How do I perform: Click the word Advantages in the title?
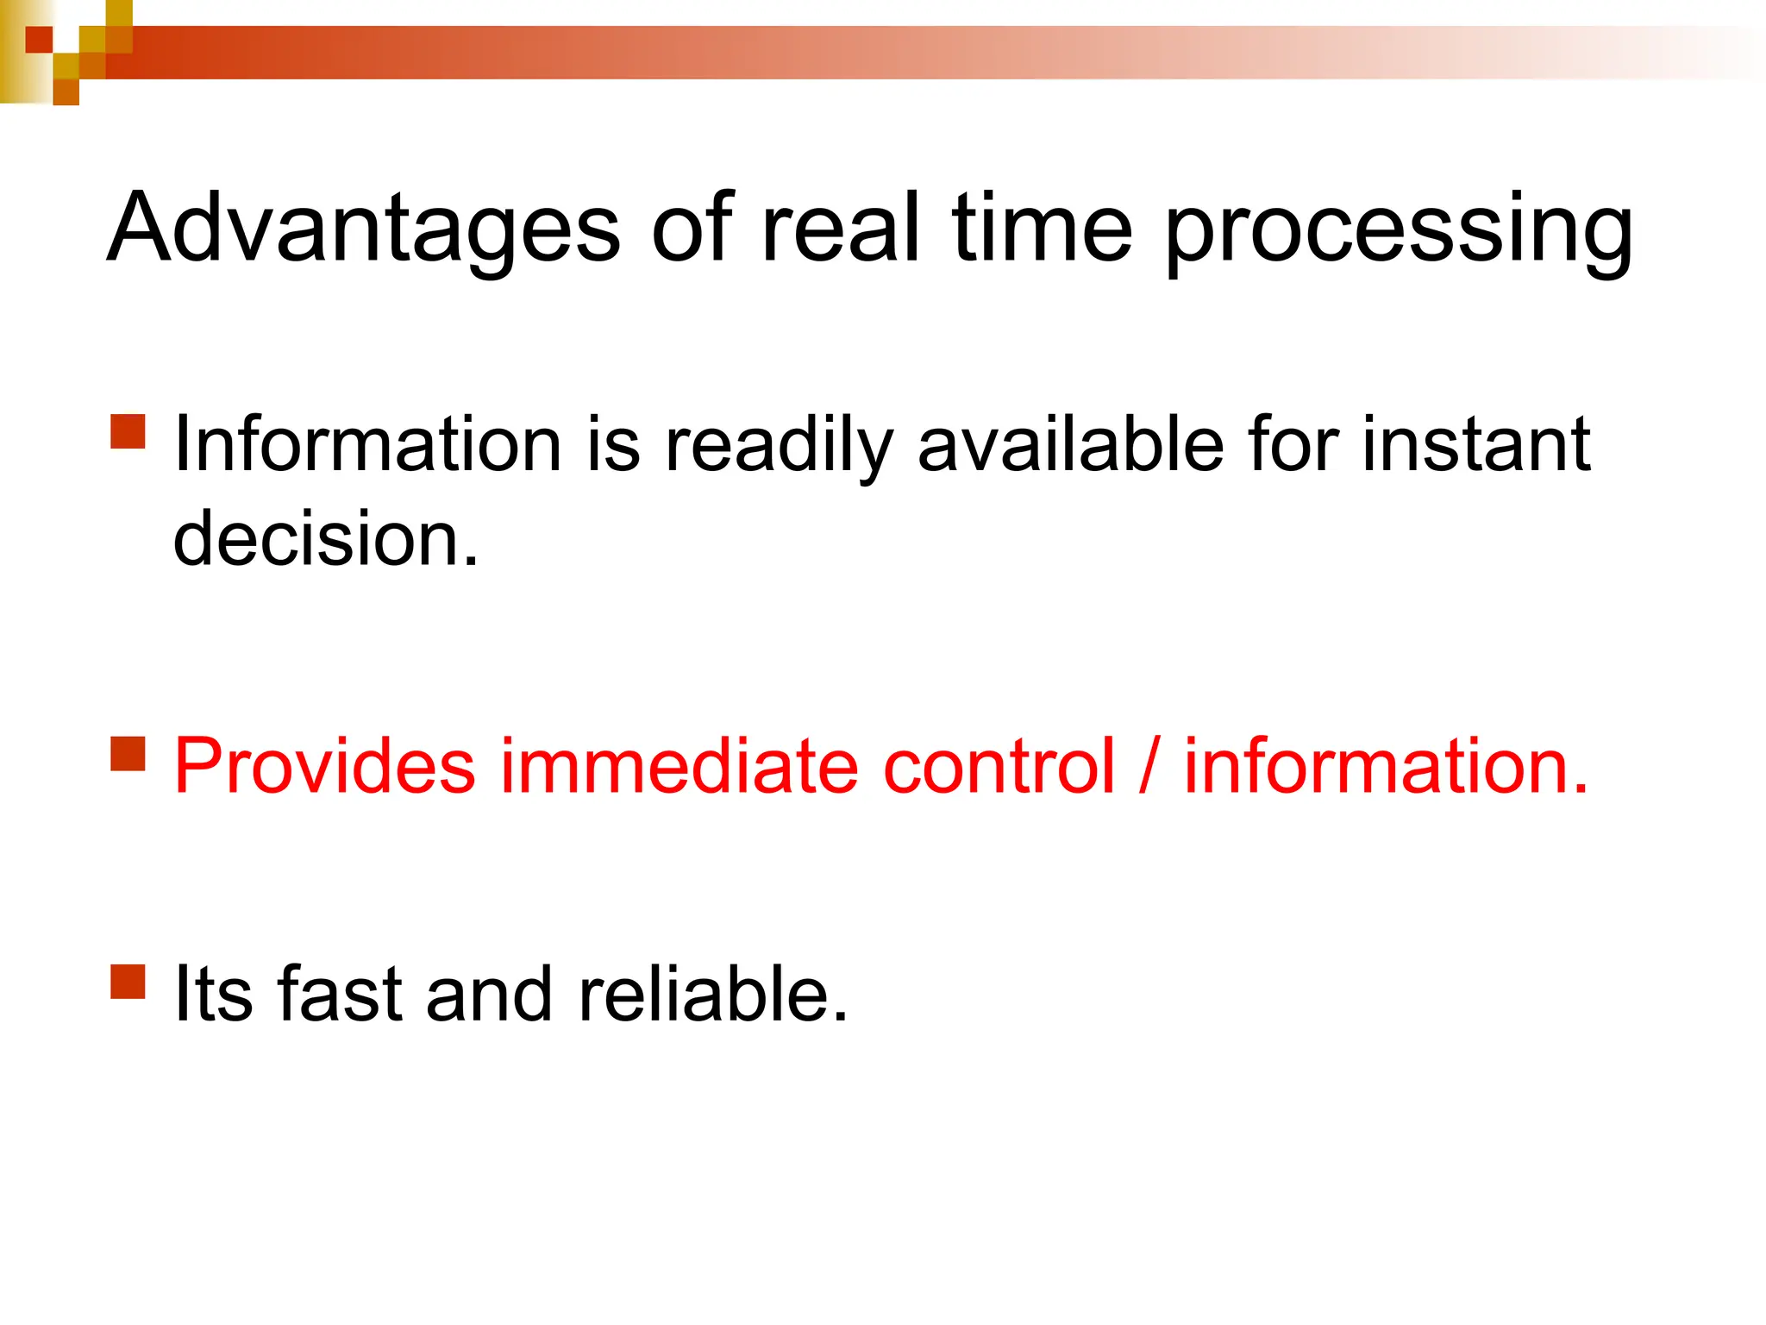pos(363,227)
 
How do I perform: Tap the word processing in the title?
pos(1399,231)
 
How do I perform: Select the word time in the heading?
pos(1042,227)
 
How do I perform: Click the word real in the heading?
pos(841,227)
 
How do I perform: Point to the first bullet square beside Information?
pos(128,431)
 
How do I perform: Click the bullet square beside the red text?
pos(128,752)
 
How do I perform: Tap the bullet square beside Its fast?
pos(128,981)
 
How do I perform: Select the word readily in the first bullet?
pos(778,447)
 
